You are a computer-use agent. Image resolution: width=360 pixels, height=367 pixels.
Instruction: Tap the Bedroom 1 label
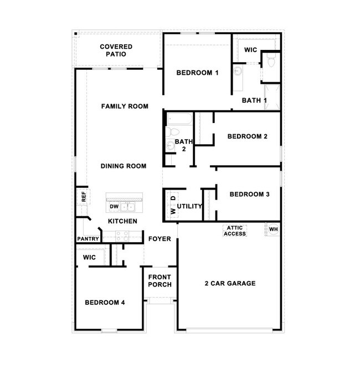[x=198, y=73]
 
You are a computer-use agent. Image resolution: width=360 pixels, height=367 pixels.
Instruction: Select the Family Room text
[x=125, y=106]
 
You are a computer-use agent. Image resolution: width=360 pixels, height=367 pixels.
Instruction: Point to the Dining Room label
[x=124, y=166]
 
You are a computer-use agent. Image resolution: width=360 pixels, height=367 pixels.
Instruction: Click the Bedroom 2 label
[x=248, y=136]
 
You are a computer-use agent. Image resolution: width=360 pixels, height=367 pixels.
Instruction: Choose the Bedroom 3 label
[x=249, y=194]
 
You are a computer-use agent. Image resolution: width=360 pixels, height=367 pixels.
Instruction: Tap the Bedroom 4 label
[x=105, y=303]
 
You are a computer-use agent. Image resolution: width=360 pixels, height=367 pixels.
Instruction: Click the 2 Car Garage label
[x=230, y=283]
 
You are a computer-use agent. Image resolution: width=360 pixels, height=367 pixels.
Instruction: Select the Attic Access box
[x=235, y=231]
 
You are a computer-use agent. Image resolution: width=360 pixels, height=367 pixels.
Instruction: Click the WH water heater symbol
[x=274, y=230]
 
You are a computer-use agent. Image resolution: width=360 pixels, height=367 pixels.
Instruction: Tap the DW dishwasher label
[x=114, y=207]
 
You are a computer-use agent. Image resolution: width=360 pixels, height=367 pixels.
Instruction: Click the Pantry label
[x=88, y=239]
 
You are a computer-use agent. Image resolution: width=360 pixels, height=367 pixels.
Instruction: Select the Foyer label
[x=160, y=239]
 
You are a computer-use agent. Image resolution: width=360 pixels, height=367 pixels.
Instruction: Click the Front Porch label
[x=160, y=281]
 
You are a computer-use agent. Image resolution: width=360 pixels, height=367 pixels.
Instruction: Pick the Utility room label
[x=190, y=206]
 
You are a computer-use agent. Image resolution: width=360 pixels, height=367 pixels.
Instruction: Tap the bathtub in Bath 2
[x=178, y=119]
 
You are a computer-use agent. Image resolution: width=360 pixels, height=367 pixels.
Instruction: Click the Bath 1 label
[x=255, y=100]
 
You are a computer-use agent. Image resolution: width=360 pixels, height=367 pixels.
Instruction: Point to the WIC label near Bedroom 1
[x=251, y=50]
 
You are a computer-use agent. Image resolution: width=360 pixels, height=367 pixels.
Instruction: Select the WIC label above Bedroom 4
[x=90, y=258]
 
